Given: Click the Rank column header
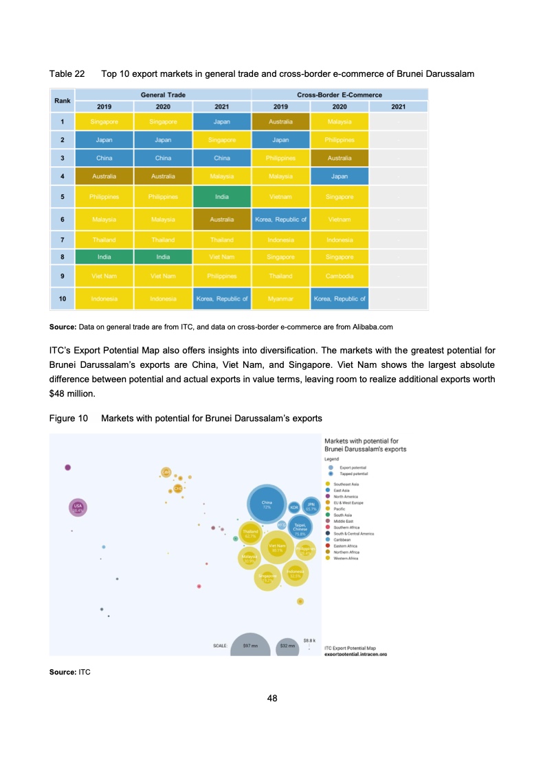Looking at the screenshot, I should pos(63,100).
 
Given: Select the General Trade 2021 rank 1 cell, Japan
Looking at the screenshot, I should pos(222,121).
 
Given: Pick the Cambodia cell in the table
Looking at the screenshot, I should pos(340,276).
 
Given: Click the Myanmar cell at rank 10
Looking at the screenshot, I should pos(280,299).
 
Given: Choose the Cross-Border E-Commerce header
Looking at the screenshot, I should pos(340,94).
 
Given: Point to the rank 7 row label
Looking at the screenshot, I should pos(63,240).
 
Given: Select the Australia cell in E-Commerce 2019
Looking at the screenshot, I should pos(280,121).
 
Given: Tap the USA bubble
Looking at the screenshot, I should pos(77,508).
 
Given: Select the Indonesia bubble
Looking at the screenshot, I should pos(296,573).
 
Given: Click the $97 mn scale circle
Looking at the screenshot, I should pos(250,645).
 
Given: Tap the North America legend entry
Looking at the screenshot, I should pos(347,495).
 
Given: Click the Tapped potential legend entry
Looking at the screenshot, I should pos(355,474).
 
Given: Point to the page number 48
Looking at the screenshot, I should pos(272,698).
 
